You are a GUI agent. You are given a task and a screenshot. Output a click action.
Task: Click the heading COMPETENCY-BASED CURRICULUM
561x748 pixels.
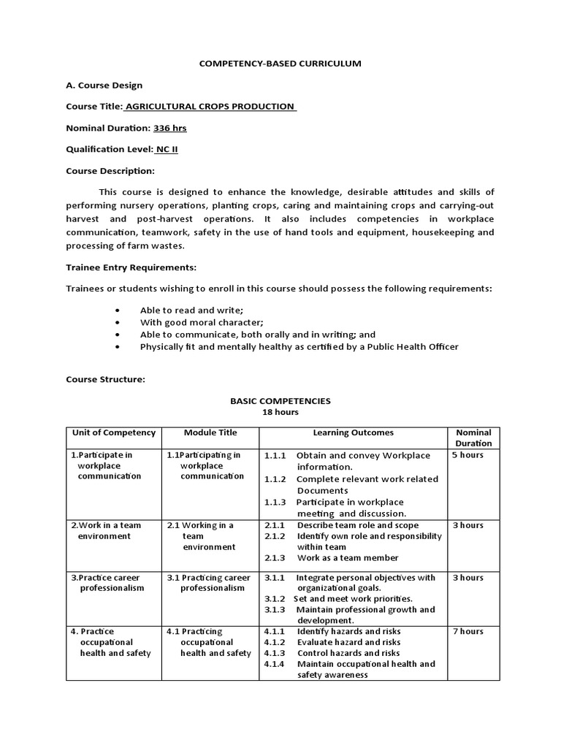[280, 64]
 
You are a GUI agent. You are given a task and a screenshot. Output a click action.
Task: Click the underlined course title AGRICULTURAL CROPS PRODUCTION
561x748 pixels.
[210, 107]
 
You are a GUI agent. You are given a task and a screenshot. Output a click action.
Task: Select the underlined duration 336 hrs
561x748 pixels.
[169, 128]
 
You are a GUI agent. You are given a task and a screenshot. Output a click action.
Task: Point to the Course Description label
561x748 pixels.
[110, 171]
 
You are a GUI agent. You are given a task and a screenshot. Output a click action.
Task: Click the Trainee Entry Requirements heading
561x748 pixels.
[131, 267]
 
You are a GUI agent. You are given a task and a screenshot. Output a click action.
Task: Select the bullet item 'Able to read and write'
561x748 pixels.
[186, 310]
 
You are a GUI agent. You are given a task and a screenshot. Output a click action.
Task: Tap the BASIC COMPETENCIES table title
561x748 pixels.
[280, 401]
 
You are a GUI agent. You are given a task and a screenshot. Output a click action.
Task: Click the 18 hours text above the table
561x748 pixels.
[280, 412]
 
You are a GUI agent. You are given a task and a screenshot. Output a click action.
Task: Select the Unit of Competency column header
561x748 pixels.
[113, 432]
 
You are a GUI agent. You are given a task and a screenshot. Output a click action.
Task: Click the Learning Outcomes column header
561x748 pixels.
[354, 432]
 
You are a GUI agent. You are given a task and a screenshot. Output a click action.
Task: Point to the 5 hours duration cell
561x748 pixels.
[467, 454]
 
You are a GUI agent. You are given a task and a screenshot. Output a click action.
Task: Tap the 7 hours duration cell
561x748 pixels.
[467, 631]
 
